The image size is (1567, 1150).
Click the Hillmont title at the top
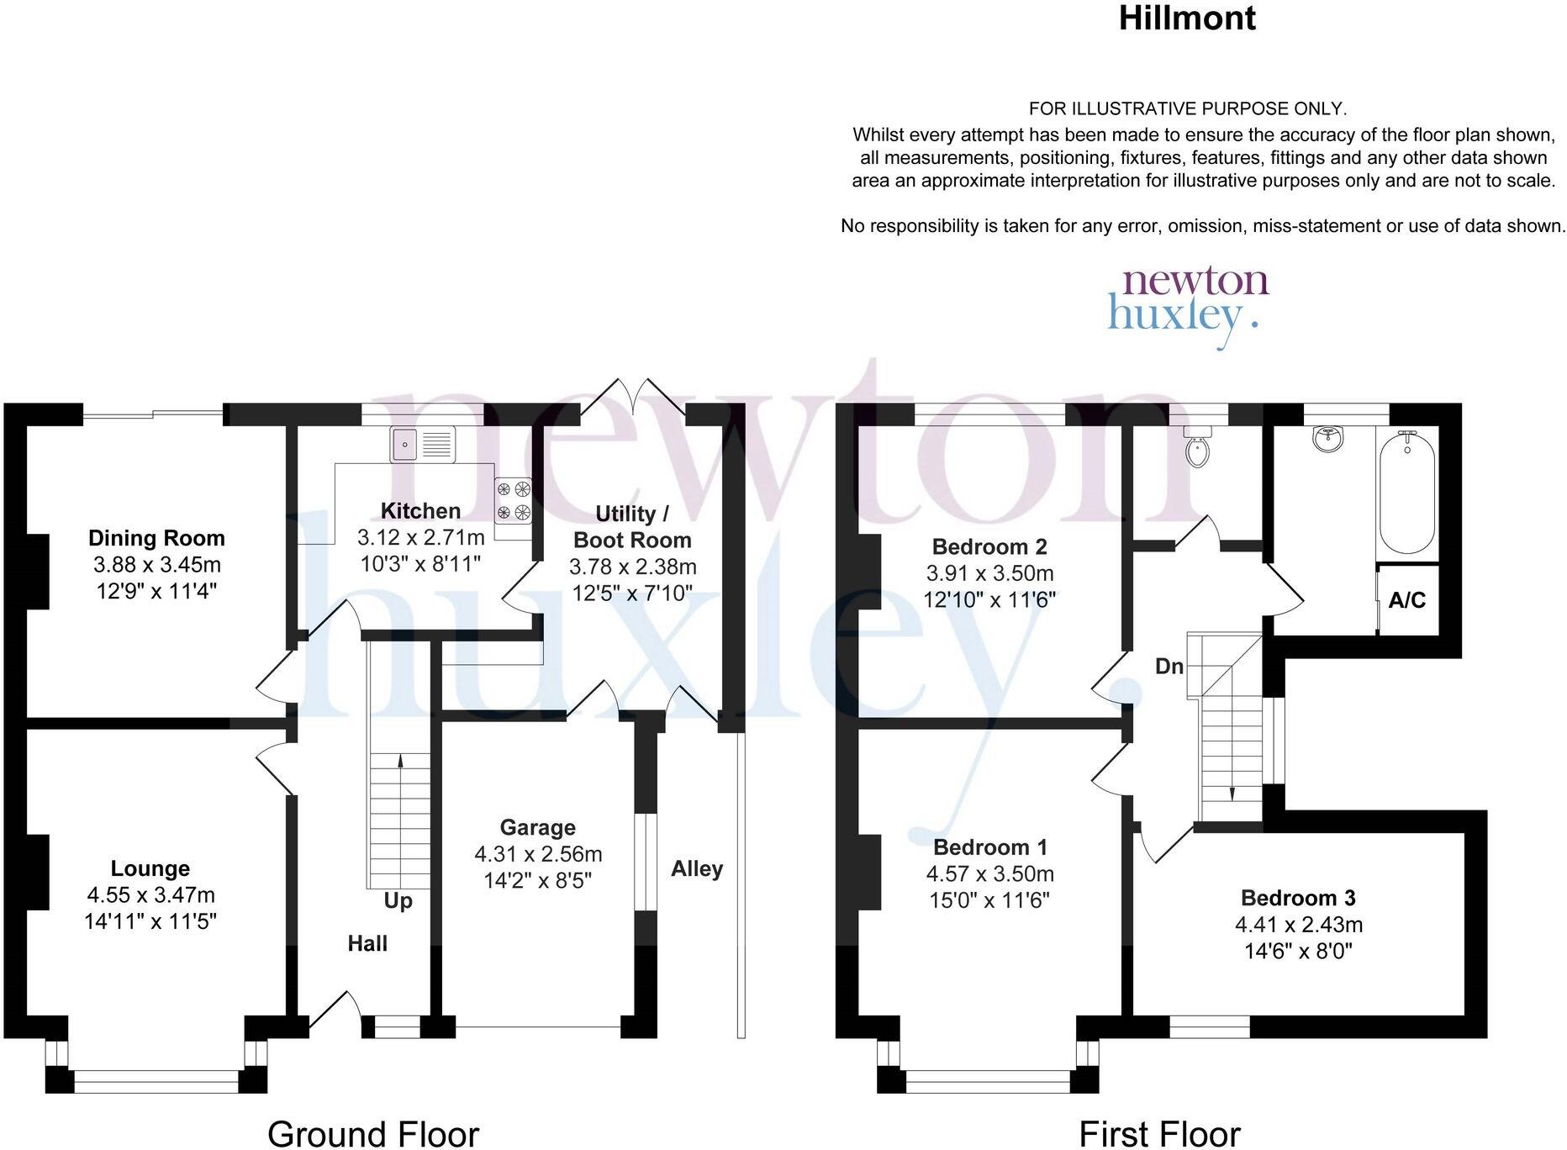(x=1187, y=18)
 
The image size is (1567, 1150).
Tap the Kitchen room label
(x=420, y=510)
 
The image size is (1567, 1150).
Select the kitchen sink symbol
(x=422, y=443)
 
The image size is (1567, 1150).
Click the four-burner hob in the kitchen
(x=513, y=500)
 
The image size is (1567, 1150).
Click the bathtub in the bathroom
(x=1407, y=492)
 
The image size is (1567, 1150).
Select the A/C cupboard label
(x=1407, y=600)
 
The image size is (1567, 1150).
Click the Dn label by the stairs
(x=1169, y=667)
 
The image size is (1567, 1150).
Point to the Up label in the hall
(x=398, y=900)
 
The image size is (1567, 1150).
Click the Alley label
(x=697, y=868)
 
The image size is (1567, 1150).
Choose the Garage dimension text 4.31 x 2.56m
(x=538, y=854)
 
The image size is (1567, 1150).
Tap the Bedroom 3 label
(x=1298, y=898)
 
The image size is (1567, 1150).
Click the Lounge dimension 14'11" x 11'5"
(x=150, y=921)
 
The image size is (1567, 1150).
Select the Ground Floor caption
(x=373, y=1133)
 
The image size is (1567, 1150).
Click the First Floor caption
(x=1159, y=1133)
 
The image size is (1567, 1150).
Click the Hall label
(x=367, y=943)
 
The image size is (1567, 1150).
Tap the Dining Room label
(x=157, y=538)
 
